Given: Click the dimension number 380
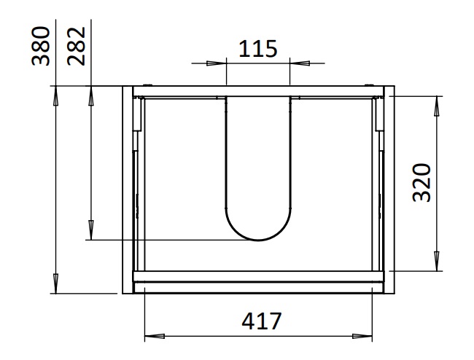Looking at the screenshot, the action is [x=41, y=46].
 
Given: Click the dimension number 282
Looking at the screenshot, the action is [x=77, y=46].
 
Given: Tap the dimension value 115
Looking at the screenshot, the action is [x=257, y=49].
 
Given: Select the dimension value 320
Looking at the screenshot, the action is [x=421, y=182].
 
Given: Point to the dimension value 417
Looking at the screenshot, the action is [x=262, y=321].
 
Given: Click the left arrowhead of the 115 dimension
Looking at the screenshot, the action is [x=216, y=63].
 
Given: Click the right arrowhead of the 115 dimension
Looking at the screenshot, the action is [x=300, y=63].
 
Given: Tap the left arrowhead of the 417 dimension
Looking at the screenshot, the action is [x=155, y=336].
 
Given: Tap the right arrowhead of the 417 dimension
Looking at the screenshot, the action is [x=362, y=336].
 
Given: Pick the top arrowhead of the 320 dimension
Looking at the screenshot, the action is [x=437, y=106].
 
